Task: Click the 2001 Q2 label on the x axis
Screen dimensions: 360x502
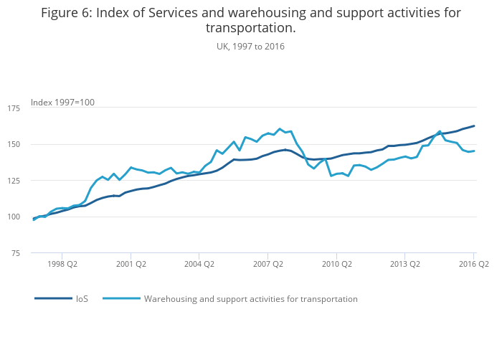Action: (130, 264)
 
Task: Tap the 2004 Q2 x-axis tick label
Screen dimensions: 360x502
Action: (199, 264)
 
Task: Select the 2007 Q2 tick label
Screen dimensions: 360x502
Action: (267, 264)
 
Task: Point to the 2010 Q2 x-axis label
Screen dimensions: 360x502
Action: (336, 264)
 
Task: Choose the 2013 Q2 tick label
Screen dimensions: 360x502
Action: (404, 264)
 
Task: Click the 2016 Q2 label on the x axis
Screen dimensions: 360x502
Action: (473, 264)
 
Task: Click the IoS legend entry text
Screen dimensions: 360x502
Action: (82, 298)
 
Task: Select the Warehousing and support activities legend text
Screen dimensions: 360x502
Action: (250, 298)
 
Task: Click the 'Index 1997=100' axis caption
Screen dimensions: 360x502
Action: (62, 103)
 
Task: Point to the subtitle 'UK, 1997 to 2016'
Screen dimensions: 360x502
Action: (250, 46)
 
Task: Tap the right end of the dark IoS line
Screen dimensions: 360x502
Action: (474, 126)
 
